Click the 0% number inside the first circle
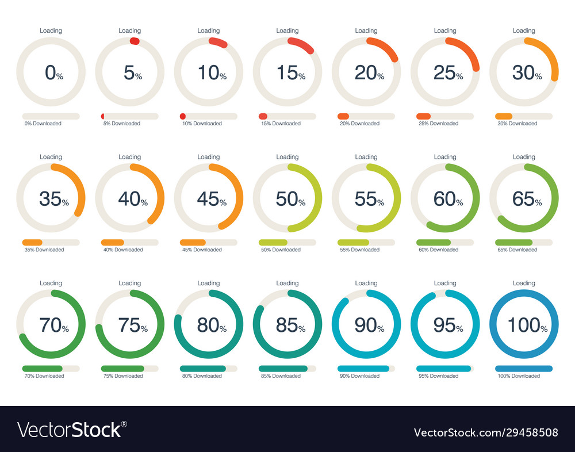tap(53, 72)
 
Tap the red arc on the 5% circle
tap(135, 41)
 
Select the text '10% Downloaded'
tap(202, 124)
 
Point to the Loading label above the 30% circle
tap(524, 30)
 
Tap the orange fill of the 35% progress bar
tap(32, 242)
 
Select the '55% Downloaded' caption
tap(359, 250)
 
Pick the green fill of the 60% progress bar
tap(433, 242)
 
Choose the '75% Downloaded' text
tap(123, 376)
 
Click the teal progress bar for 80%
tap(202, 369)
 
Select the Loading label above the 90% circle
tap(366, 283)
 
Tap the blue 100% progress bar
tap(524, 369)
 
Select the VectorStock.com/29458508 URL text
tap(486, 432)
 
